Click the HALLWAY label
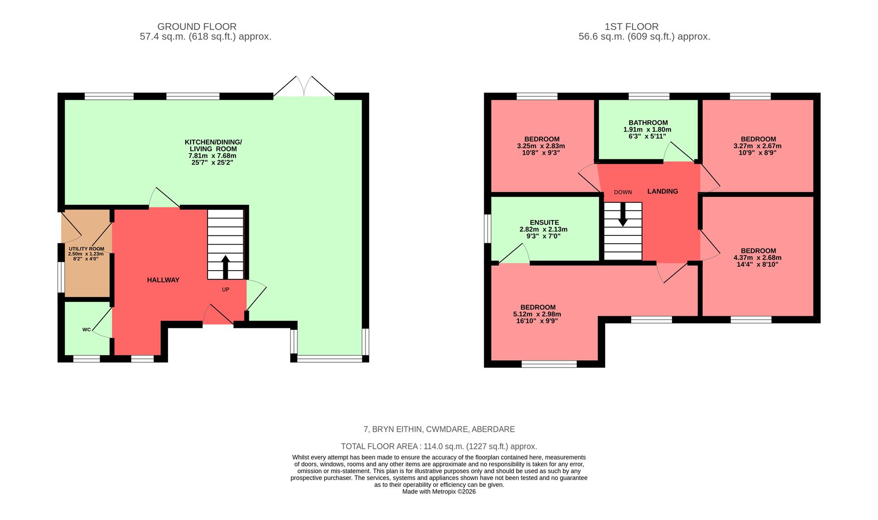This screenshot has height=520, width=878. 163,280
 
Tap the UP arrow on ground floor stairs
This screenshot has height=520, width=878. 225,266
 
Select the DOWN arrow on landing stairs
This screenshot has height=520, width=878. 623,214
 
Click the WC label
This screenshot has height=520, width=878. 87,330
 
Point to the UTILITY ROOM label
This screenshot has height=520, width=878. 86,249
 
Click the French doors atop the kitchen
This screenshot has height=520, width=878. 304,87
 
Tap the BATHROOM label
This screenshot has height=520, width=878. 648,123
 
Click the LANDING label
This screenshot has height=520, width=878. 662,191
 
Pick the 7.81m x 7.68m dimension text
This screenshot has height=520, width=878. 213,156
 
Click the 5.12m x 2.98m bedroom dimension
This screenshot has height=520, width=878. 537,314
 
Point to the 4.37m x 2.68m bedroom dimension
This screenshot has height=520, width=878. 758,258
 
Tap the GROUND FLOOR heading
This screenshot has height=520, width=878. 197,27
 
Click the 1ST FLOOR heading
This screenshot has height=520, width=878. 632,27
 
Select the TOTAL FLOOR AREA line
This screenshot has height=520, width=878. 439,446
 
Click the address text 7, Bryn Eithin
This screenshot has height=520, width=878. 439,429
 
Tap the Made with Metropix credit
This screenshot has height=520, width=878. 439,492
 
